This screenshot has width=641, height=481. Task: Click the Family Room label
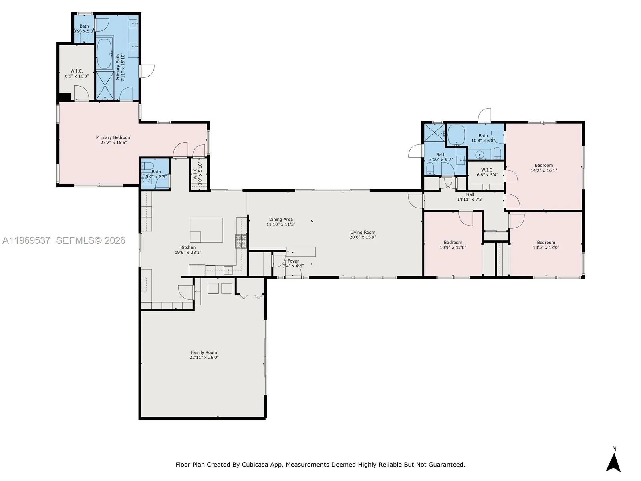pos(204,352)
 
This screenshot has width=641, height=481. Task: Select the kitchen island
pos(206,230)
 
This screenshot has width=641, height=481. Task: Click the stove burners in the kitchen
pos(240,241)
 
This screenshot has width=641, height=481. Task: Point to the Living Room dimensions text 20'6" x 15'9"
pos(363,237)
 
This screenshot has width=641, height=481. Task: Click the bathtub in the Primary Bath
pos(105,54)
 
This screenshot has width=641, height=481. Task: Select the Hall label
pos(470,194)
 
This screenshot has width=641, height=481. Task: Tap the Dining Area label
pos(281,220)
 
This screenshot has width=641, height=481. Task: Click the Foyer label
pos(293,261)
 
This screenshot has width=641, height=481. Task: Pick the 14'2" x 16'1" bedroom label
pos(544,165)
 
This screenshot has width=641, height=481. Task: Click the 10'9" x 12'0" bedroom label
pos(453,243)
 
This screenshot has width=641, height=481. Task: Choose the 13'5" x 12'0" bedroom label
pos(546,243)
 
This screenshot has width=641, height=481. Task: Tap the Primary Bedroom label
pos(114,137)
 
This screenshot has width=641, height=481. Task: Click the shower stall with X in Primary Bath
pos(105,85)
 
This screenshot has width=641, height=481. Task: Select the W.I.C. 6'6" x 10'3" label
pos(77,71)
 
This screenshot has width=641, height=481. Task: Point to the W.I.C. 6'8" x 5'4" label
pos(487,170)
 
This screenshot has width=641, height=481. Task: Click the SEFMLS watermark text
pos(91,240)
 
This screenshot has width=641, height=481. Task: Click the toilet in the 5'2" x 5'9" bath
pos(147,166)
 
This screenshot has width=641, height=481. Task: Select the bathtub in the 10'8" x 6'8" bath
pos(456,135)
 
